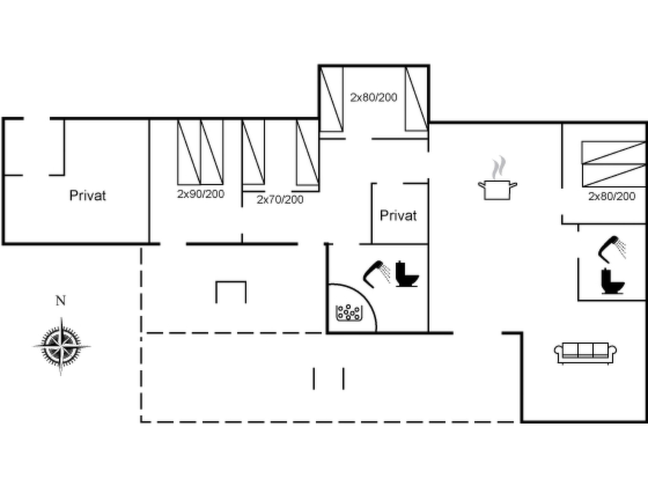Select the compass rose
(x=61, y=346)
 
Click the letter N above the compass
(x=61, y=300)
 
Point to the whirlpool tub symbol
(x=349, y=313)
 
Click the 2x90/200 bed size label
(x=201, y=194)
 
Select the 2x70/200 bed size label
(x=280, y=200)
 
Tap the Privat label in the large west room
(x=88, y=196)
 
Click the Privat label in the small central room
(x=398, y=216)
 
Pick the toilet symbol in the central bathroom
(x=407, y=274)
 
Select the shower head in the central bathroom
(x=377, y=274)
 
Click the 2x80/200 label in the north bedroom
(x=374, y=97)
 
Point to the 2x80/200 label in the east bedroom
(x=612, y=196)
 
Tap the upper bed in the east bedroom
(x=614, y=153)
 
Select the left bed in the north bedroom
(x=332, y=99)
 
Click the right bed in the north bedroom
(x=417, y=99)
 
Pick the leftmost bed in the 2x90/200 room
(x=189, y=152)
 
